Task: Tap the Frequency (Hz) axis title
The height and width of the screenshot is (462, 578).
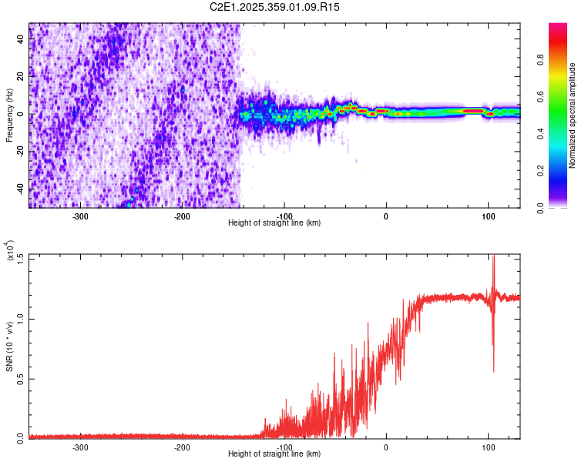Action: tap(9, 115)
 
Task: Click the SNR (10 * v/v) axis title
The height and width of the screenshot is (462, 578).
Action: tap(9, 346)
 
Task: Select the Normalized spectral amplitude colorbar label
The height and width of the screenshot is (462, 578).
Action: tap(573, 115)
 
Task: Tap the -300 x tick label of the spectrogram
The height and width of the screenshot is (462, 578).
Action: tap(81, 216)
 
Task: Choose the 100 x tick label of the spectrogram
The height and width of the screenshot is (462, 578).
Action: tap(488, 216)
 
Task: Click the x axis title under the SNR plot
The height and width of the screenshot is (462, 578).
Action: tap(274, 454)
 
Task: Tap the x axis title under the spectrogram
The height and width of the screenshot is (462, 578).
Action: tap(274, 223)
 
